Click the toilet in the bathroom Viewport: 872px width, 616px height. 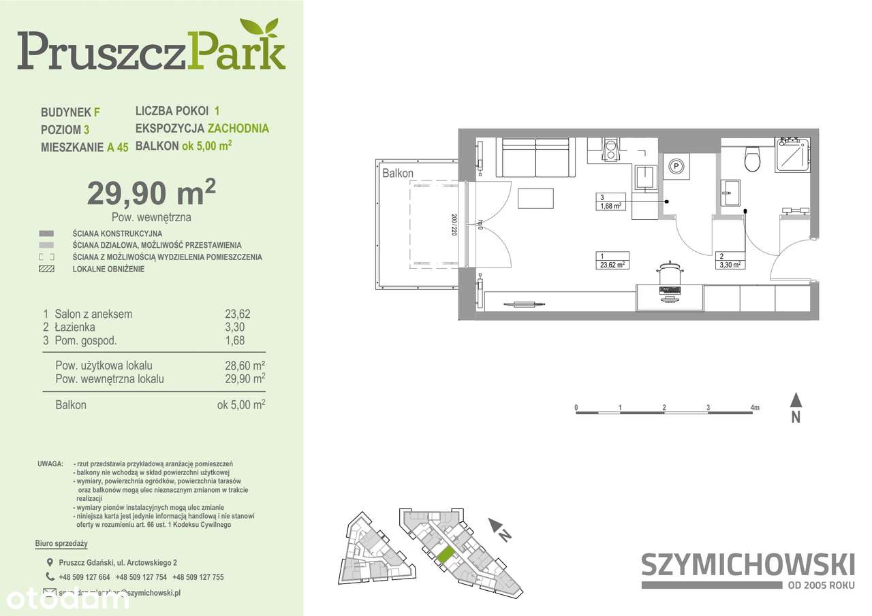coord(752,160)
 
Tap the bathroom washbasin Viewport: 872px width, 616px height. coord(730,193)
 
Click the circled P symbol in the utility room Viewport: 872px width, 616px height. coord(676,165)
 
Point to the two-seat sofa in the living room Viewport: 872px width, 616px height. coord(535,158)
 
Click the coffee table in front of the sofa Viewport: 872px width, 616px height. coord(535,198)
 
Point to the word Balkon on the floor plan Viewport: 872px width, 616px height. coord(398,174)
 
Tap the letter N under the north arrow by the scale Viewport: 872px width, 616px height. coord(795,418)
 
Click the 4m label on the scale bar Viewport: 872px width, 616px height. coord(754,408)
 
